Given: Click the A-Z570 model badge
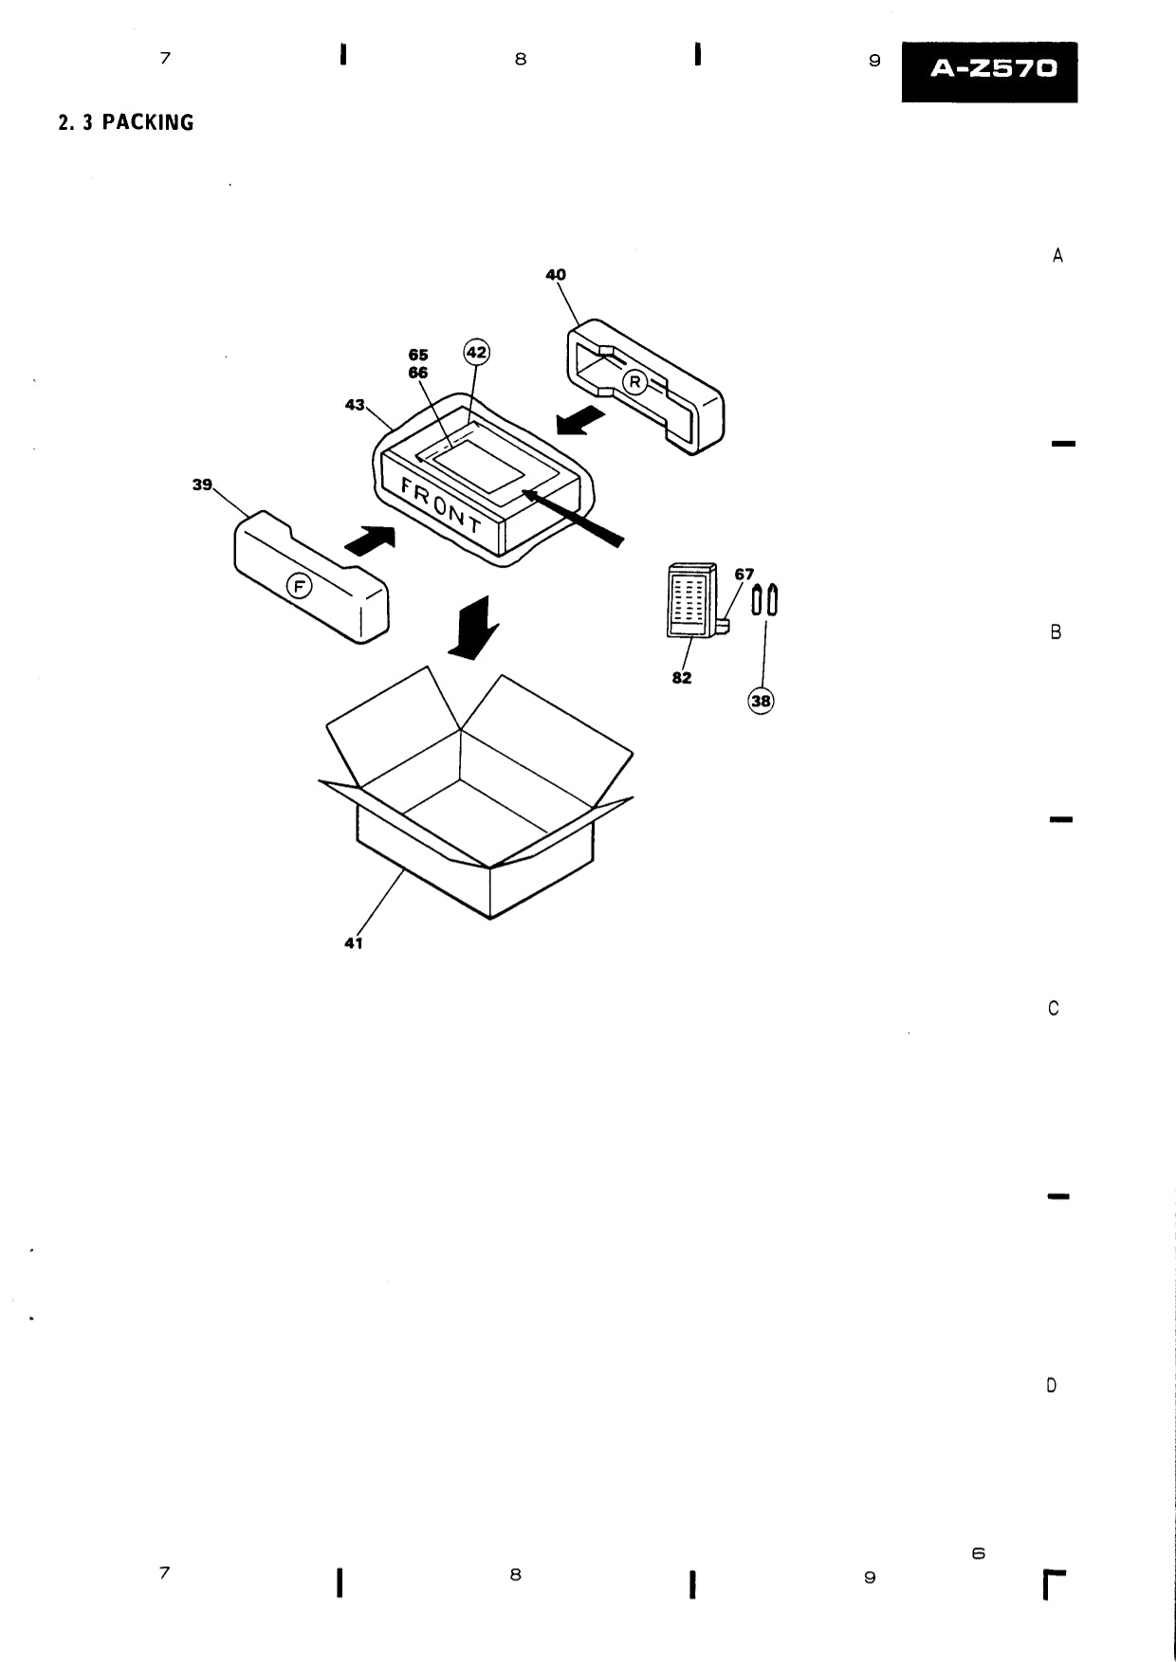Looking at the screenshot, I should (x=989, y=71).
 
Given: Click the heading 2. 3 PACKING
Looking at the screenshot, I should (x=126, y=122).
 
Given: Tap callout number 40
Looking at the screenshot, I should (x=555, y=275).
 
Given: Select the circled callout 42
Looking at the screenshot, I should (x=476, y=353).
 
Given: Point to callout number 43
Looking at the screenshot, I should (x=355, y=405).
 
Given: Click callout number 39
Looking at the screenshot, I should (x=202, y=484).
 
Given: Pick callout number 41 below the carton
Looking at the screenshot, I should (x=354, y=943).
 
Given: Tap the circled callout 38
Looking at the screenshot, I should (x=761, y=702).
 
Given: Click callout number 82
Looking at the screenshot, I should (x=682, y=678).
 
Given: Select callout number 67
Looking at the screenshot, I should (x=744, y=575).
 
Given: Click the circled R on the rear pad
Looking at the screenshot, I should (x=634, y=382).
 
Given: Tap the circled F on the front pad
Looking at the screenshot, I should (x=300, y=587).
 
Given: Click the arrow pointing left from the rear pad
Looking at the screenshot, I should (x=580, y=420).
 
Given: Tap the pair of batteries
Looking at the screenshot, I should (x=765, y=600).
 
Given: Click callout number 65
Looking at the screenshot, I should (x=417, y=356).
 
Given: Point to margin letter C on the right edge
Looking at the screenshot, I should (x=1054, y=1009).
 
